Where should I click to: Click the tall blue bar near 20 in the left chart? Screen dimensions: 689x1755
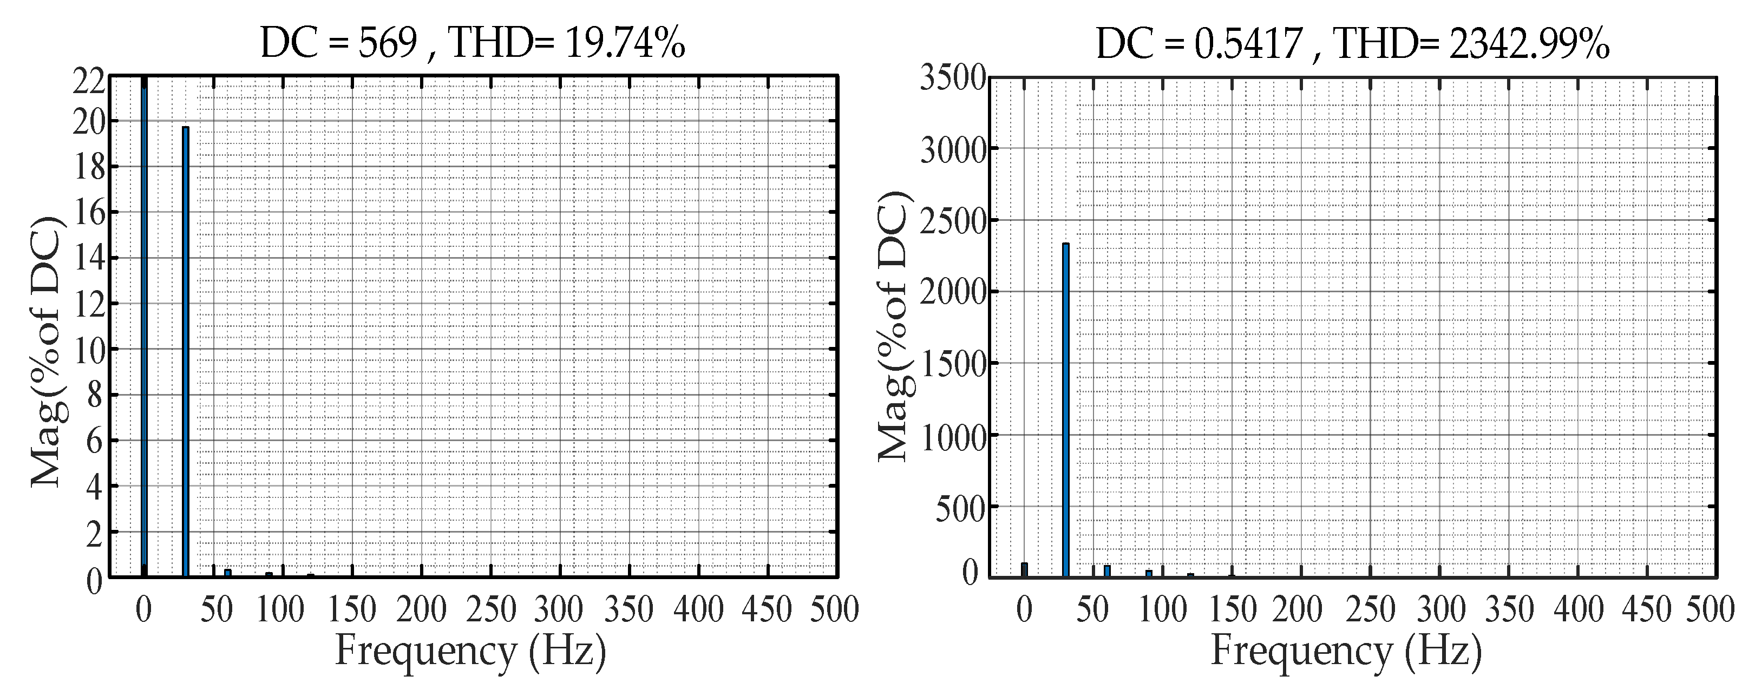(x=185, y=351)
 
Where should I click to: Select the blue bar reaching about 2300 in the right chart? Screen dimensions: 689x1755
(x=1065, y=409)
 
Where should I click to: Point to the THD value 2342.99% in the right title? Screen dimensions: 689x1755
(x=1529, y=44)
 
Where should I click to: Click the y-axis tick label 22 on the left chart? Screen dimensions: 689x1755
(x=89, y=83)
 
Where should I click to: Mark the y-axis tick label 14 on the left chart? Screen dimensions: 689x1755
(x=89, y=258)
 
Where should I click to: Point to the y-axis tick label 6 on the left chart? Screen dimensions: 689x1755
(x=95, y=441)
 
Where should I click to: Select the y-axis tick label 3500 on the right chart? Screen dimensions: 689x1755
(x=952, y=78)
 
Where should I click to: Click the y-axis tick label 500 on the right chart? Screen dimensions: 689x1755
(x=961, y=508)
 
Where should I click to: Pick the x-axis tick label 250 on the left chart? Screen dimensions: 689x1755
(x=490, y=608)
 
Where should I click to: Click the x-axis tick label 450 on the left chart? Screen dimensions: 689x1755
(x=767, y=608)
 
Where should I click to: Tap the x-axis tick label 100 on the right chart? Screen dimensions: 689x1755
(x=1163, y=608)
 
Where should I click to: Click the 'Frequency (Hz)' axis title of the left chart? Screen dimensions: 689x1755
(x=470, y=651)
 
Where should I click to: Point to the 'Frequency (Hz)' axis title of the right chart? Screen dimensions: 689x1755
(x=1346, y=651)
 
